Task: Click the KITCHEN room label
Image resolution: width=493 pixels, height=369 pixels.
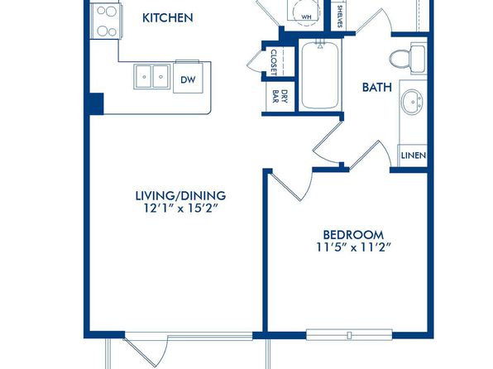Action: (168, 18)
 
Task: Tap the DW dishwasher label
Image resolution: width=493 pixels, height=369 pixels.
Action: (188, 79)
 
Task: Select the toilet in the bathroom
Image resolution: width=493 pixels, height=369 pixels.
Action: (408, 58)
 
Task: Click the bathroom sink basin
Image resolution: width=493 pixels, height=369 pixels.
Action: (412, 102)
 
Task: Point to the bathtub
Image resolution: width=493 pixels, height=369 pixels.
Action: (320, 74)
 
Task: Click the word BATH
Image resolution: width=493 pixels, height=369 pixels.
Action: (377, 87)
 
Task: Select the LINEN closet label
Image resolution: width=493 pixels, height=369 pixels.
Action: (414, 156)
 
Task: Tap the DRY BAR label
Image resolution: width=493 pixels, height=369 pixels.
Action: (280, 96)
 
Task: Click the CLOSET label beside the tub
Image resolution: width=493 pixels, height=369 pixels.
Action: (274, 62)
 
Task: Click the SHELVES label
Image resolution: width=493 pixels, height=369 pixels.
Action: (340, 16)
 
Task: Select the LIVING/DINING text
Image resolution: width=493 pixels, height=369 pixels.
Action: (180, 195)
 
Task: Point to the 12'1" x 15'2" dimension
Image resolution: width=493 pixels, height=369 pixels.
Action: (181, 208)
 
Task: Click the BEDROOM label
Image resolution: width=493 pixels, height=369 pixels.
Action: (353, 235)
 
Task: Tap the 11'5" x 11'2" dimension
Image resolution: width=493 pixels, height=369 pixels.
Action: (353, 247)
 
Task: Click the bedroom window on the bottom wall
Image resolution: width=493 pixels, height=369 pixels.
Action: (349, 335)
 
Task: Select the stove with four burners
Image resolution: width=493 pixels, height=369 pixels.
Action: (106, 21)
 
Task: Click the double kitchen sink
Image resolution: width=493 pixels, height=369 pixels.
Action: (152, 77)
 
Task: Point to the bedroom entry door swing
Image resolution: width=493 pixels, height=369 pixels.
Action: (292, 185)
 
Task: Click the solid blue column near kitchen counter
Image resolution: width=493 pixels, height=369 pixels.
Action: (97, 103)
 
